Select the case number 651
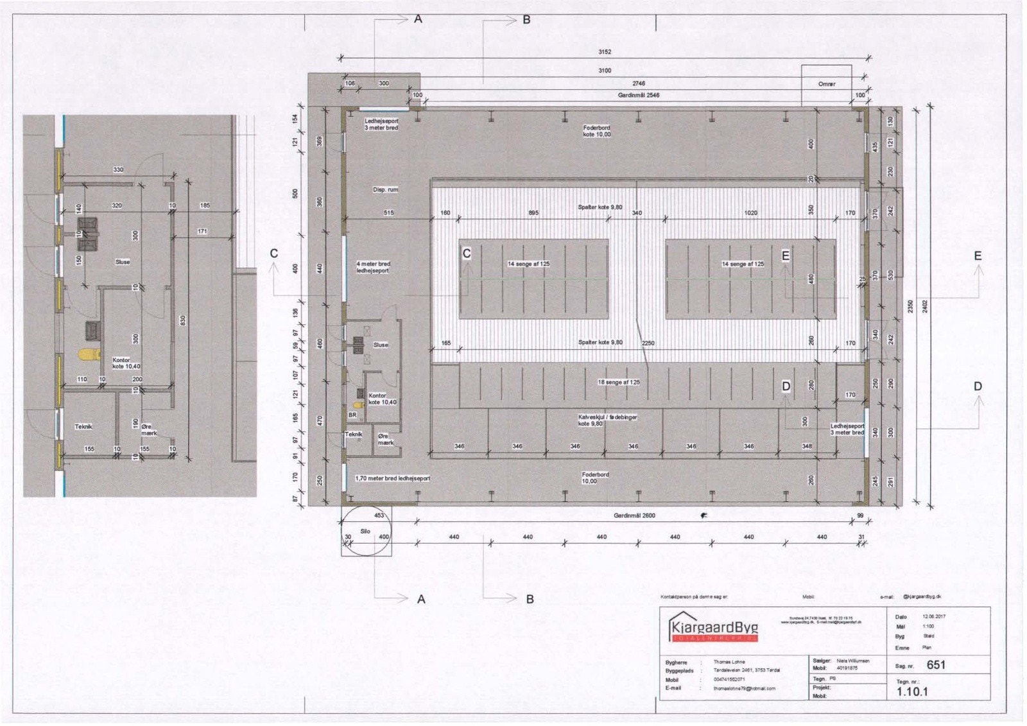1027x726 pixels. pyautogui.click(x=936, y=665)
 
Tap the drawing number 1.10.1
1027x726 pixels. pyautogui.click(x=912, y=692)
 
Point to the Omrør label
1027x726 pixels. pyautogui.click(x=827, y=84)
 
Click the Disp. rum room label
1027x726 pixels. pyautogui.click(x=385, y=190)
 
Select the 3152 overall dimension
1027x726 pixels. pyautogui.click(x=605, y=52)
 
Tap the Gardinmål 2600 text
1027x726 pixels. pyautogui.click(x=634, y=515)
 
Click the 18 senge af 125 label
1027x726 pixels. pyautogui.click(x=618, y=383)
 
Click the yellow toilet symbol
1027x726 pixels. pyautogui.click(x=87, y=354)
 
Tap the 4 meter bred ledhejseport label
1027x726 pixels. pyautogui.click(x=373, y=268)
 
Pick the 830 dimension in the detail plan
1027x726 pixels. pyautogui.click(x=183, y=319)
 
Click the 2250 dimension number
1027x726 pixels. pyautogui.click(x=648, y=343)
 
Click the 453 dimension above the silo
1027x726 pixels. pyautogui.click(x=379, y=515)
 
